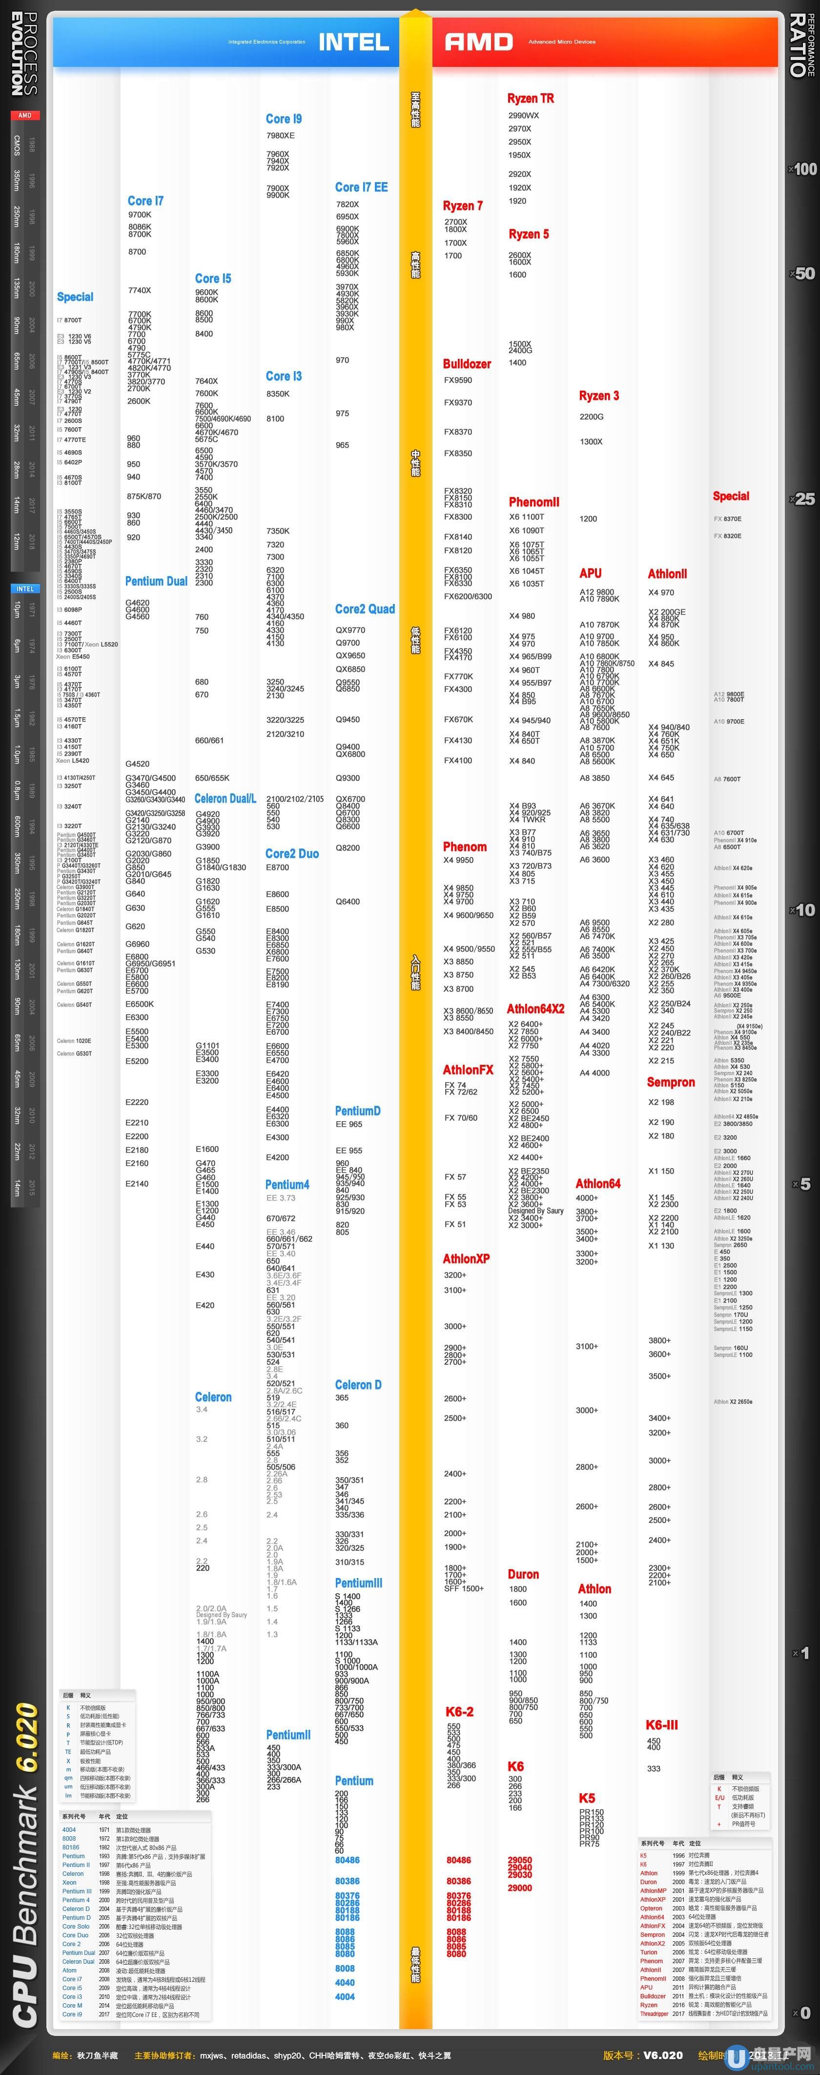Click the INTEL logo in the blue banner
[x=353, y=42]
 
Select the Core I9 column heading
[x=284, y=119]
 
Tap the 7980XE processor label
[x=280, y=135]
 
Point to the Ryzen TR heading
[x=530, y=98]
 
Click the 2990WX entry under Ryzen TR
[x=524, y=115]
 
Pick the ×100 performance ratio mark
[x=803, y=169]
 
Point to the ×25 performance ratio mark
[x=803, y=499]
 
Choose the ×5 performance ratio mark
[x=802, y=1184]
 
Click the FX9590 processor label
[x=457, y=380]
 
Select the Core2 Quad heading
[x=365, y=609]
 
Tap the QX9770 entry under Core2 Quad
[x=350, y=630]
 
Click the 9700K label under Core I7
[x=140, y=215]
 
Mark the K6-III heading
[x=661, y=1724]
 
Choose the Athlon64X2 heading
[x=535, y=1009]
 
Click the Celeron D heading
[x=358, y=1385]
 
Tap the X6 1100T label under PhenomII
[x=527, y=517]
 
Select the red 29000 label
[x=519, y=1888]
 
